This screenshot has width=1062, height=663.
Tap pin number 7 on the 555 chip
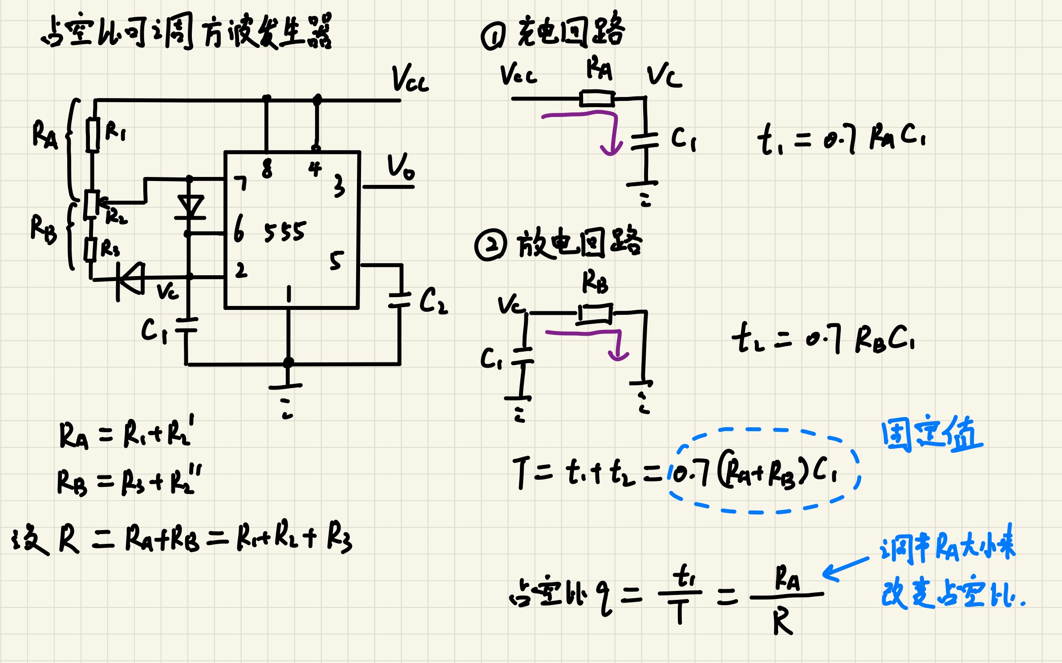[x=241, y=183]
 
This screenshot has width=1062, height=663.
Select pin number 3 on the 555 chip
[x=339, y=186]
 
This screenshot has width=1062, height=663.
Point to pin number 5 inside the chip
[x=336, y=261]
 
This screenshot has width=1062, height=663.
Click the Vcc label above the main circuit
[x=409, y=79]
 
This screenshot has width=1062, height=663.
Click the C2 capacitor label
[x=433, y=301]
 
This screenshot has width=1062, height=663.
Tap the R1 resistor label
[x=115, y=132]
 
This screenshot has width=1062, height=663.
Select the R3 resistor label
[x=110, y=248]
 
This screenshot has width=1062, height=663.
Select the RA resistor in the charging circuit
[x=597, y=98]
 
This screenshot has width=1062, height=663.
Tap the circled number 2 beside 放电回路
[x=490, y=245]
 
